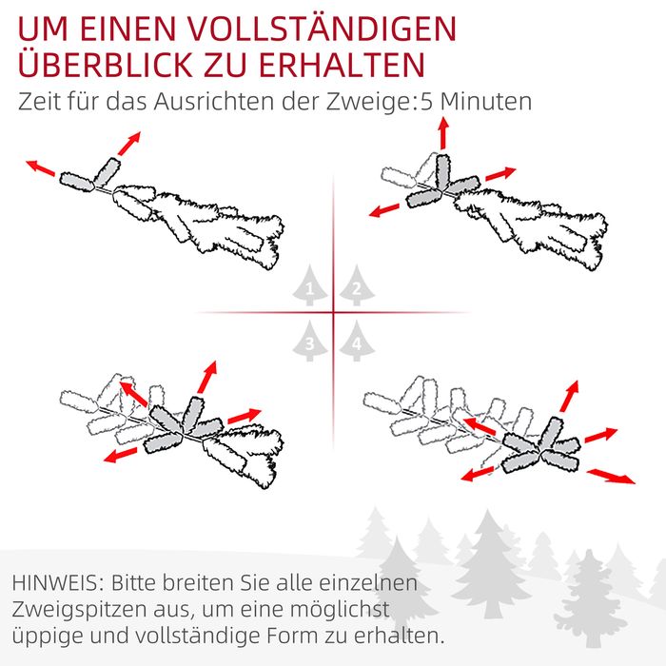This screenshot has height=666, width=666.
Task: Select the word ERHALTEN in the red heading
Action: click(x=342, y=65)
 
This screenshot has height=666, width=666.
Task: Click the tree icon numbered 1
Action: click(x=310, y=285)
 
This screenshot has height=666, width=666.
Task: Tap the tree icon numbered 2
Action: click(x=357, y=285)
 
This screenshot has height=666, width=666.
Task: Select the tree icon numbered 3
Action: click(x=310, y=341)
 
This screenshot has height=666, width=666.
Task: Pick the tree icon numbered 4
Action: click(x=357, y=341)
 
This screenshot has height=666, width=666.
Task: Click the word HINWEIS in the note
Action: click(x=55, y=582)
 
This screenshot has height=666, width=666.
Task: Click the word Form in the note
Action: click(x=292, y=636)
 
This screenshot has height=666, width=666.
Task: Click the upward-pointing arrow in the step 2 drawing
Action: click(x=444, y=133)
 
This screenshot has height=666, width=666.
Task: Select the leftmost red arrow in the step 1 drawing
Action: click(x=40, y=167)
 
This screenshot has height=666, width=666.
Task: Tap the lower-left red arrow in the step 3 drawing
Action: click(x=121, y=455)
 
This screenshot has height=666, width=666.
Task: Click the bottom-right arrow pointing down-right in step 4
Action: click(x=611, y=476)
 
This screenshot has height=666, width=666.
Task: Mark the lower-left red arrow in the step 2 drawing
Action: click(x=384, y=210)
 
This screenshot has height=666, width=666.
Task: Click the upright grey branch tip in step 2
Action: click(x=442, y=171)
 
